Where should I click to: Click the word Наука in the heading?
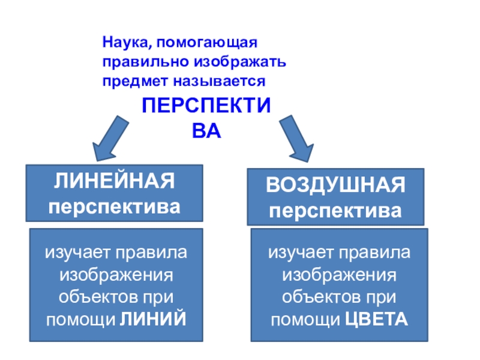pyautogui.click(x=121, y=44)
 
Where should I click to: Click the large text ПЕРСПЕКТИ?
pyautogui.click(x=206, y=107)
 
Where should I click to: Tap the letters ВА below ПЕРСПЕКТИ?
pyautogui.click(x=206, y=131)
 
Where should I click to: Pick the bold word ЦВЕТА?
pyautogui.click(x=377, y=320)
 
